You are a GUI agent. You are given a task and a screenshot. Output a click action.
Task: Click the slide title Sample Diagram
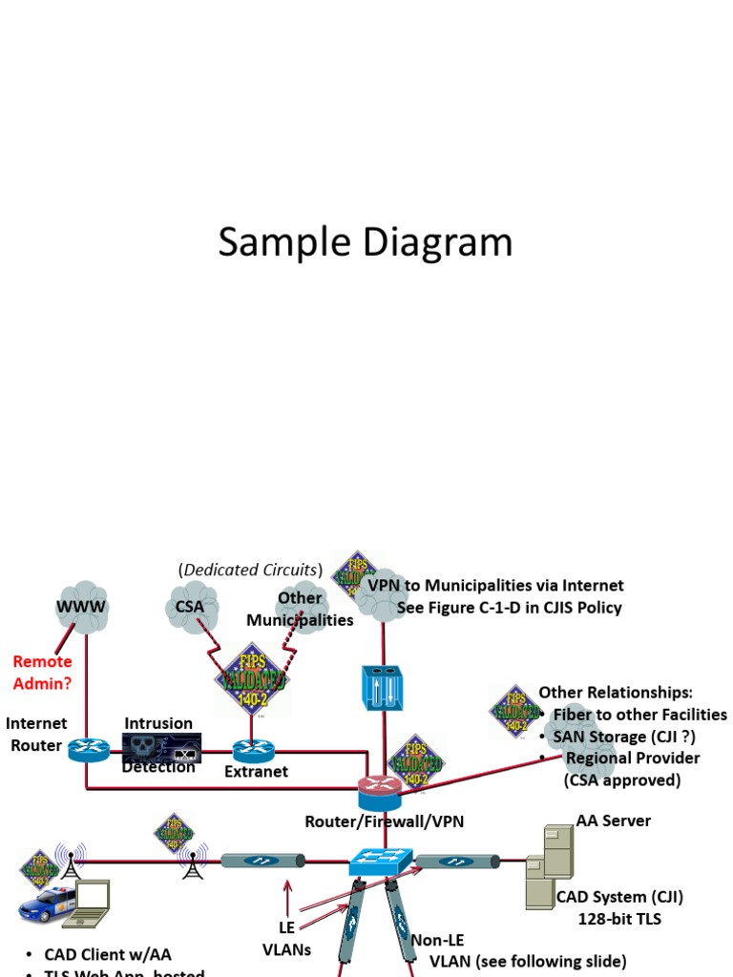(x=366, y=242)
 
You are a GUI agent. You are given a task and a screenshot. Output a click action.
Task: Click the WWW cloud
(x=81, y=605)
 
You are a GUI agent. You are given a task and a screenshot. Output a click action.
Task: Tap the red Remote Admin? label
(x=42, y=672)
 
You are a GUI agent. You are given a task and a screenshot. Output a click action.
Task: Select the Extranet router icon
(x=254, y=749)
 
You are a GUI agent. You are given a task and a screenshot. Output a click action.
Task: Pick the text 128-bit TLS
(x=619, y=919)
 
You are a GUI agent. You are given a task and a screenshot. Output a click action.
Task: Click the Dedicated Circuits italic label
(x=250, y=570)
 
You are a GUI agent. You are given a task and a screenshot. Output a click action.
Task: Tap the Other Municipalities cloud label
(x=300, y=609)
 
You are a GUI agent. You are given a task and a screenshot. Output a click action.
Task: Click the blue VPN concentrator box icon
(x=384, y=687)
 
